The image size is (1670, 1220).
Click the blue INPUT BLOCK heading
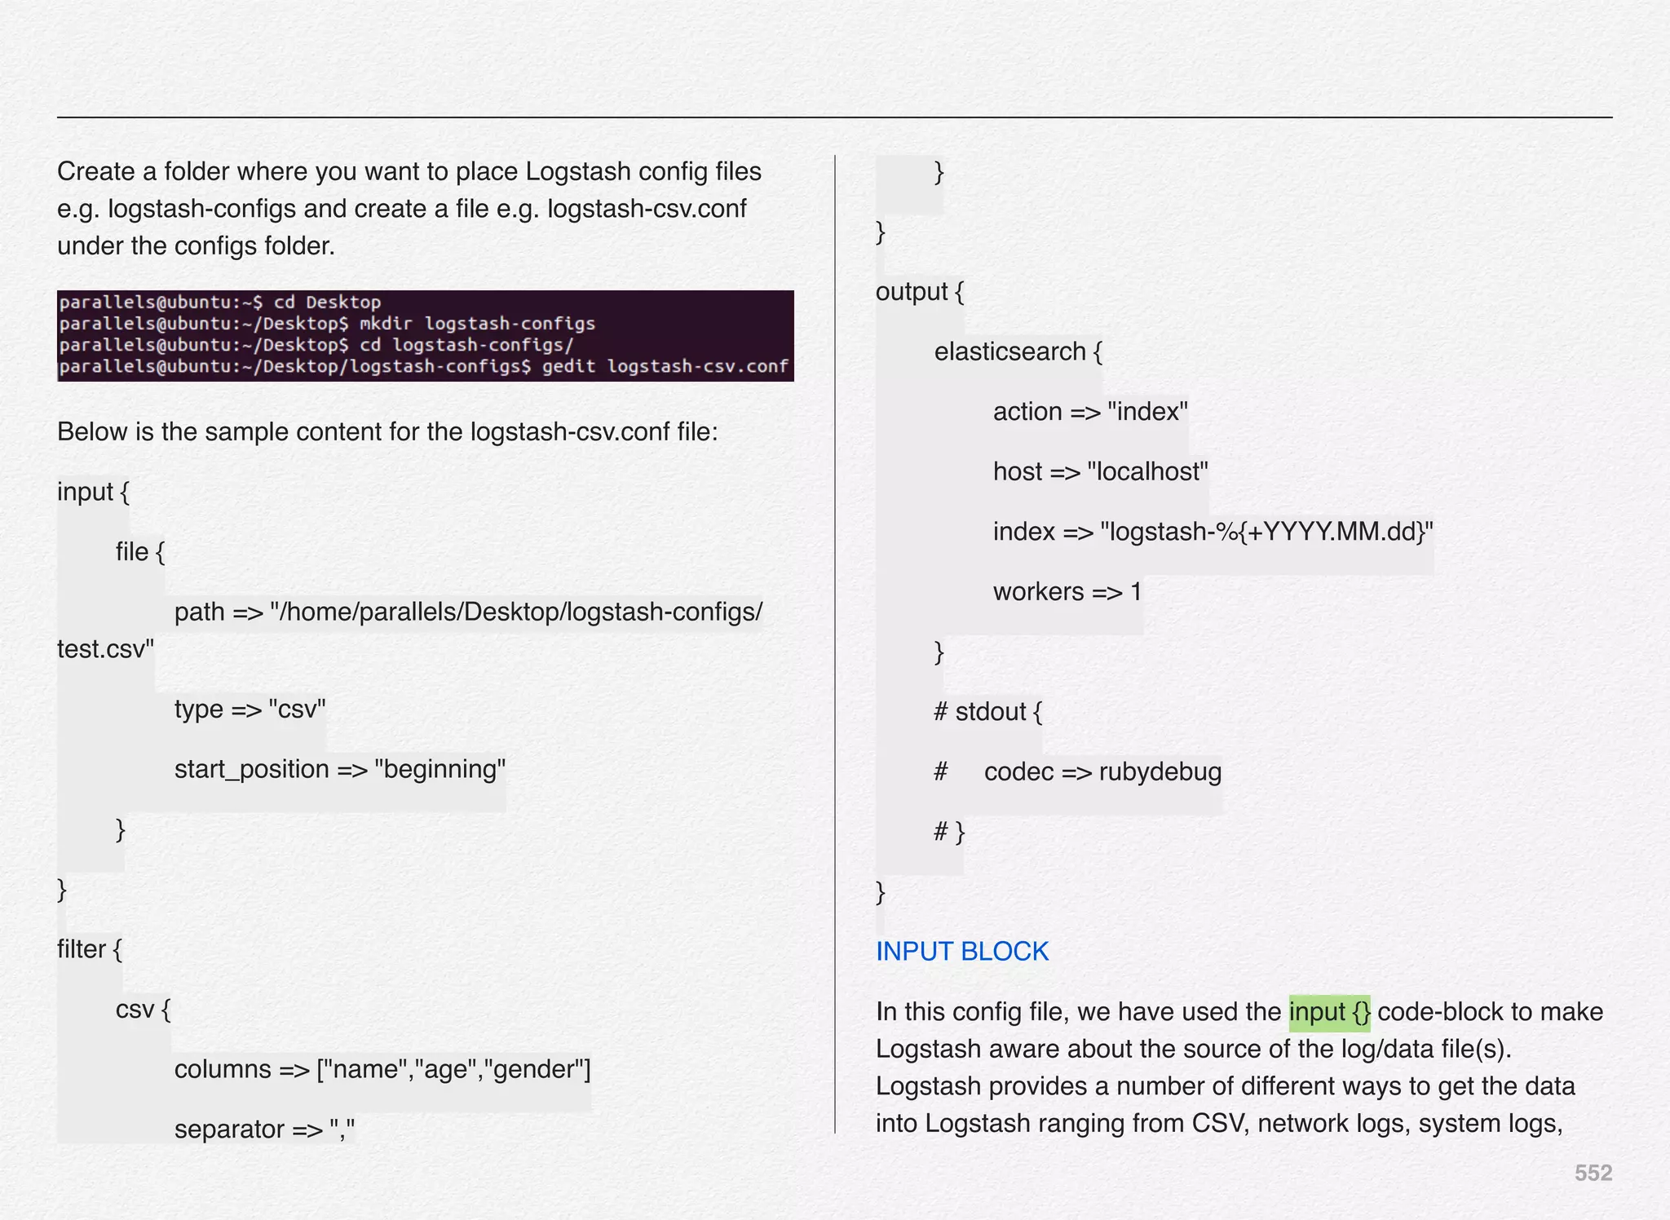pyautogui.click(x=961, y=951)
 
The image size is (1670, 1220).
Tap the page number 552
pyautogui.click(x=1593, y=1173)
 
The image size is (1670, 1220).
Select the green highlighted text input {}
pyautogui.click(x=1329, y=1012)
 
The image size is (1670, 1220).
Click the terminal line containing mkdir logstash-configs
pyautogui.click(x=327, y=324)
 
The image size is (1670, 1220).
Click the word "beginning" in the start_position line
pyautogui.click(x=440, y=769)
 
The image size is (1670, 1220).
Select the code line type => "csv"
pyautogui.click(x=250, y=709)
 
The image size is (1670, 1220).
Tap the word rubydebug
pyautogui.click(x=1160, y=771)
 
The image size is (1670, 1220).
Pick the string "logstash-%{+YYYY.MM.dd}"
pyautogui.click(x=1266, y=532)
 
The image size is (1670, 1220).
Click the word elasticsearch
pyautogui.click(x=1010, y=351)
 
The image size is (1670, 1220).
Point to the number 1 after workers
pyautogui.click(x=1136, y=591)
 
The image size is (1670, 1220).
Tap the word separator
pyautogui.click(x=229, y=1129)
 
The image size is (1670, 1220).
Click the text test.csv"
pyautogui.click(x=105, y=649)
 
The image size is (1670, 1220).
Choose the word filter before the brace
pyautogui.click(x=82, y=949)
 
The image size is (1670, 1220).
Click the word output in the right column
pyautogui.click(x=911, y=292)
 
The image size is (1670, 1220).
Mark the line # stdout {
pyautogui.click(x=987, y=712)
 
